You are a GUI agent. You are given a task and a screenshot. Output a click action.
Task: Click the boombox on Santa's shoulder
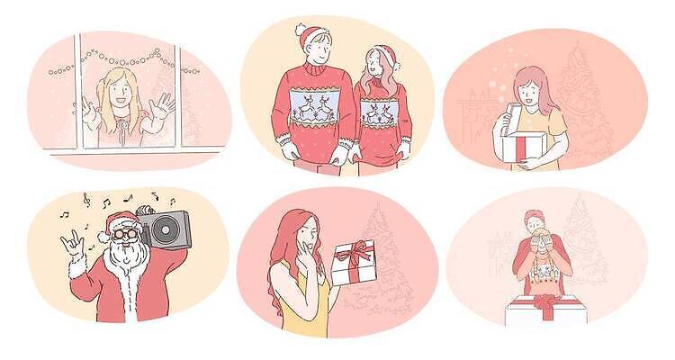(162, 229)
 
